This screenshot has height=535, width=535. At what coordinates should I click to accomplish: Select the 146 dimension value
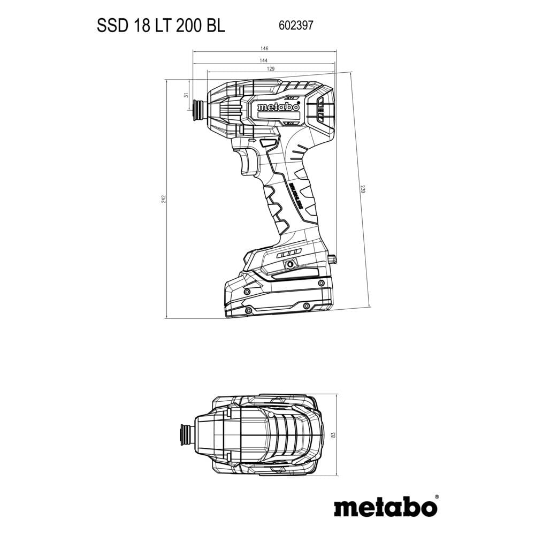coord(264,49)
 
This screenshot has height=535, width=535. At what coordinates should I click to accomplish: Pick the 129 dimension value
coord(271,69)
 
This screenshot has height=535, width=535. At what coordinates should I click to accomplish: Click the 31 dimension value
coord(186,95)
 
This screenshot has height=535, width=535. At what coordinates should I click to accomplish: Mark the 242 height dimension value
coord(164,198)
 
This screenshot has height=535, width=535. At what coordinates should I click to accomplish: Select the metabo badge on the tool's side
coord(278,108)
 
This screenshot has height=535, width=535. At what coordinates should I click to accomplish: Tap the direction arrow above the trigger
coord(253,140)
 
